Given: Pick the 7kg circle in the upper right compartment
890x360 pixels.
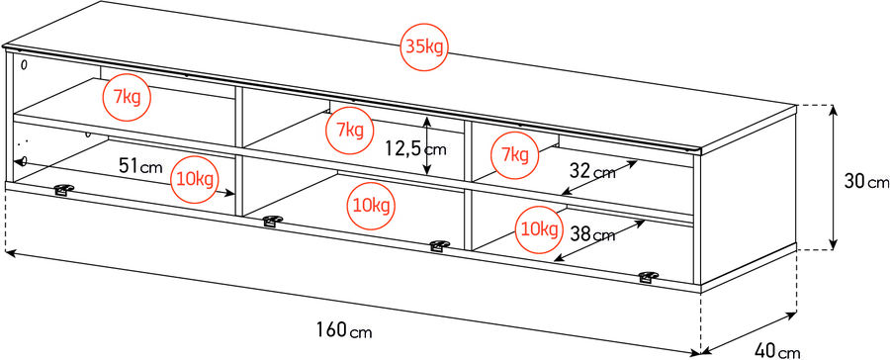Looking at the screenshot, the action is (x=514, y=153).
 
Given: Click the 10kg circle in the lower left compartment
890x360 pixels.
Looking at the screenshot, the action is (x=194, y=178).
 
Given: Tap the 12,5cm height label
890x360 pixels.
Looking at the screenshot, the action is (x=415, y=149).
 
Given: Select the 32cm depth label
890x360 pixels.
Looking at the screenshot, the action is (x=592, y=171).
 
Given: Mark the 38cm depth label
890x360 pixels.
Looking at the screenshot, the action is (x=592, y=234).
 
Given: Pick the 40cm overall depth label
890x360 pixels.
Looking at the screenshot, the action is (x=776, y=349).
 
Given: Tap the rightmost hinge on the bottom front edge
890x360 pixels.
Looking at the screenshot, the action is (x=650, y=277).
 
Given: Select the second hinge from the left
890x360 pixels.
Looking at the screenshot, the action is (x=270, y=222).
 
